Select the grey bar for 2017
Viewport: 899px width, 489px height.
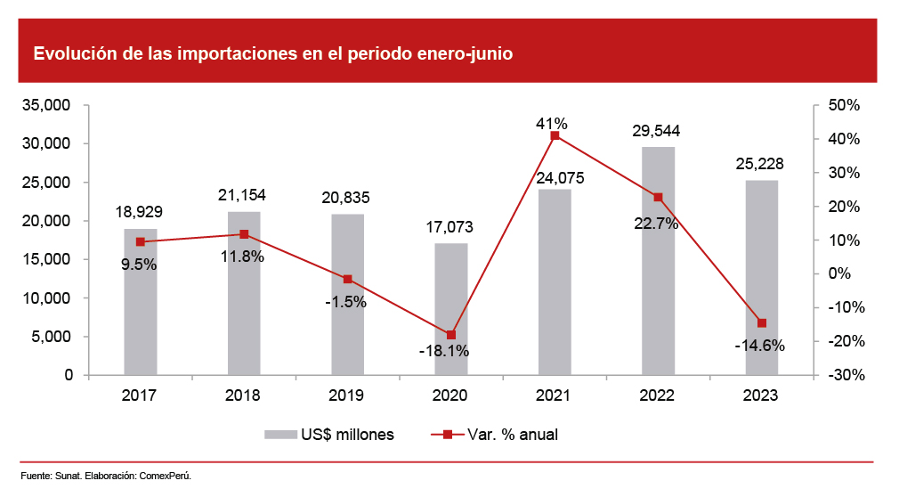tap(140, 302)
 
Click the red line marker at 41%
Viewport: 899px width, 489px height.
tap(555, 135)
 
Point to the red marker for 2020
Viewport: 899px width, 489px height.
tap(451, 335)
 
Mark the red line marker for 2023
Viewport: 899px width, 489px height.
tap(762, 323)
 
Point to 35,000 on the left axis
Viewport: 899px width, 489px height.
tap(52, 105)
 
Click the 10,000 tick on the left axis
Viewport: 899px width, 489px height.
tap(52, 298)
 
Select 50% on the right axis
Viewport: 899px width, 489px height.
tap(842, 105)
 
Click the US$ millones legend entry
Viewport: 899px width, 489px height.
tap(328, 435)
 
